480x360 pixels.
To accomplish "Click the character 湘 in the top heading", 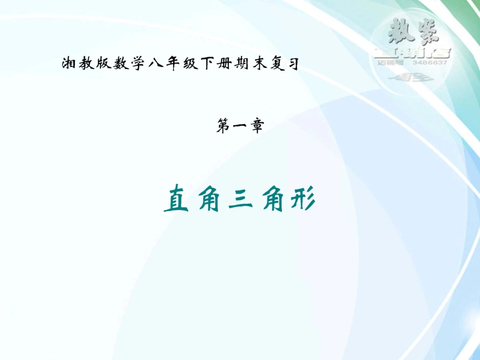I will tap(68, 65).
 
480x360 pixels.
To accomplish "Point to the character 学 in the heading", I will tap(135, 65).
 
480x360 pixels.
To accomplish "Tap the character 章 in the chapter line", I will tap(257, 127).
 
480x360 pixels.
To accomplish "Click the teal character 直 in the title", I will tap(174, 200).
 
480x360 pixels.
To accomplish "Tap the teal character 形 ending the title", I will tap(304, 200).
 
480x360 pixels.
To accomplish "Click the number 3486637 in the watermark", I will tap(429, 63).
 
